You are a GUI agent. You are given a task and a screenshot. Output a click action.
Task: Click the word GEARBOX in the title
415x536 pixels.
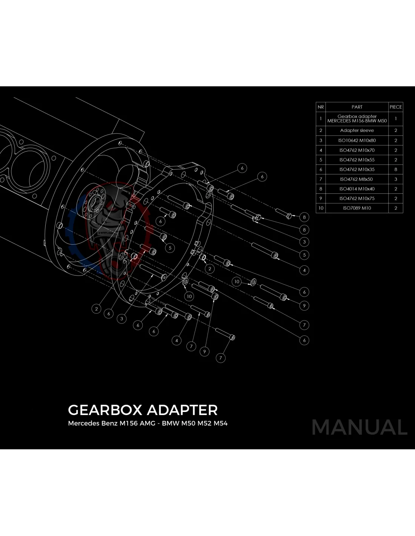pos(105,410)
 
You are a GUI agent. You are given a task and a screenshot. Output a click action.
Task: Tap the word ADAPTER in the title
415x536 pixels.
pos(182,410)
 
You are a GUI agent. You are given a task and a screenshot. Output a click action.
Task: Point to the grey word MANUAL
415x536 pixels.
pos(360,427)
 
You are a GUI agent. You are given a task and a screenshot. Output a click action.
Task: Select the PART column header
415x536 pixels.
pos(357,107)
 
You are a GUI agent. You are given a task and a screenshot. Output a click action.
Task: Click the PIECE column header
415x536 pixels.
pos(396,107)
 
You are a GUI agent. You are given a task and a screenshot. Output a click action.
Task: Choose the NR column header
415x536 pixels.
pos(321,107)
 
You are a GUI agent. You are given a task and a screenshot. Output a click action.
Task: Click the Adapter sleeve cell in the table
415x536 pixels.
pos(357,130)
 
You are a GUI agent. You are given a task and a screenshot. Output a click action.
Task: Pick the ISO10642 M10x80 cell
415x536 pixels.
pos(357,140)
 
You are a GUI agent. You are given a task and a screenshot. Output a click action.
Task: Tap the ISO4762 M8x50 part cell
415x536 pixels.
pos(357,179)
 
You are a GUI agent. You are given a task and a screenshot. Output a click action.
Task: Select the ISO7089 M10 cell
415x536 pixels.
pos(357,208)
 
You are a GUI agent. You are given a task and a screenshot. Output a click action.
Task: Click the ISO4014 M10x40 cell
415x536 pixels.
pos(357,189)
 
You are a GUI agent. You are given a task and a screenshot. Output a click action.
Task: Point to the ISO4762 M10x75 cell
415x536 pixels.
pos(357,199)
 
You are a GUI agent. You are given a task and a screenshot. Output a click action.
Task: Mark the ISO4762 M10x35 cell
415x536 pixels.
pos(357,170)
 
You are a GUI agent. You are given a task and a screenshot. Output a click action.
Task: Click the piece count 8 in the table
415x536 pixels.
pos(396,170)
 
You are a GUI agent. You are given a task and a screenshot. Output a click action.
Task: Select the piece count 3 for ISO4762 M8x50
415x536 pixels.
pos(396,179)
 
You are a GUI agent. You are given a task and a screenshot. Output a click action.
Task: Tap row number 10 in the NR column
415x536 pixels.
pos(321,208)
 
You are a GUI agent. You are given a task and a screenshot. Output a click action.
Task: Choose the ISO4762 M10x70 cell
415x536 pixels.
pos(357,150)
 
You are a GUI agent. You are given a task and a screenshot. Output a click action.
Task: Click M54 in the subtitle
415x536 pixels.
pos(220,423)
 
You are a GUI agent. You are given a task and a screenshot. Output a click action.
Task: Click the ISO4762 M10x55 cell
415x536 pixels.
pos(357,160)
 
